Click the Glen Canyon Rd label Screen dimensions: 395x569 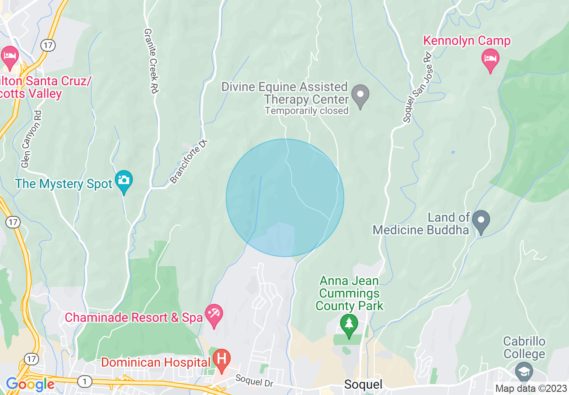pos(31,139)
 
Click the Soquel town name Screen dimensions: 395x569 pos(363,384)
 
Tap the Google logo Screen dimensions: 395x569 pos(30,384)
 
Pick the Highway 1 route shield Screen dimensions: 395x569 pos(84,382)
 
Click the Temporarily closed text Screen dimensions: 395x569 pos(306,110)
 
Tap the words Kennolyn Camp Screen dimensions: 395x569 pos(467,41)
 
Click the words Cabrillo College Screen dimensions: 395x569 pos(524,347)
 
